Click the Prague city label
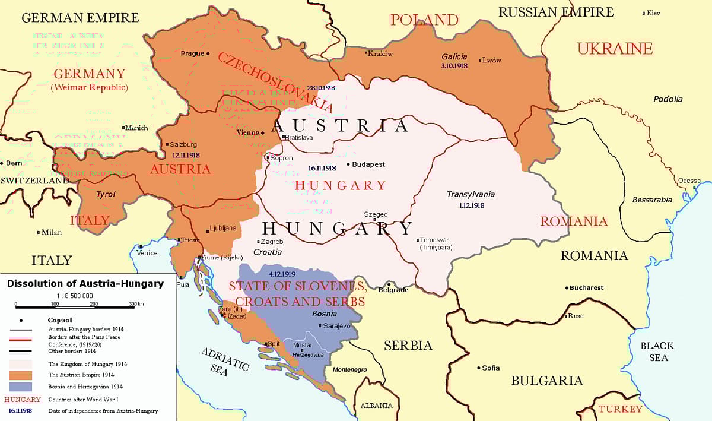pos(192,53)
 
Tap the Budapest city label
pos(368,164)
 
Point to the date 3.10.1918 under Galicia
pos(454,66)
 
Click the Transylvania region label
pos(471,194)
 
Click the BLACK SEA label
pos(657,352)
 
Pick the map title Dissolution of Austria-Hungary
pos(85,284)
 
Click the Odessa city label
pos(689,181)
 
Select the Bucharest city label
pos(586,288)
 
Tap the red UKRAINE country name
pos(615,49)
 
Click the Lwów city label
pos(492,60)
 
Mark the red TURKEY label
pos(620,409)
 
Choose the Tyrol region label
pos(106,194)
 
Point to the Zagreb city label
pos(272,242)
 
